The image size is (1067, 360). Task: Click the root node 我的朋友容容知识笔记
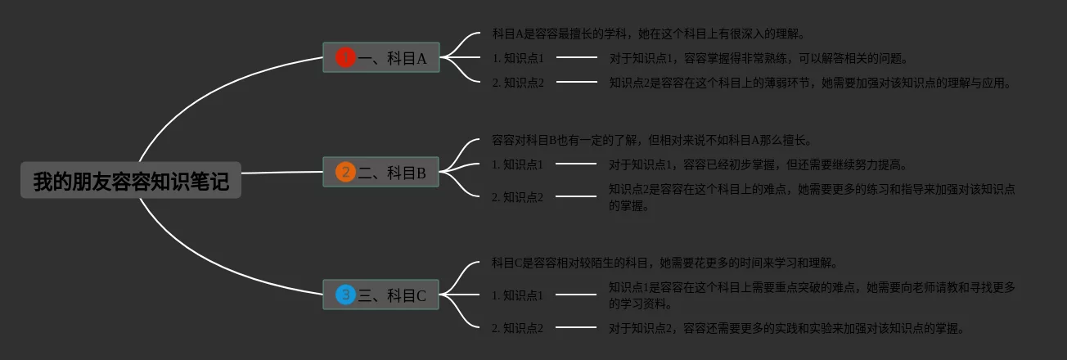[131, 181]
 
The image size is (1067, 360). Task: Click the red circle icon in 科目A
[345, 57]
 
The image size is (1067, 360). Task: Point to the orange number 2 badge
[345, 172]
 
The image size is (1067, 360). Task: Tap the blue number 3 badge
[345, 295]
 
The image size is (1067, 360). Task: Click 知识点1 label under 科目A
[518, 58]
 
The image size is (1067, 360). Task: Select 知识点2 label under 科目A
[518, 83]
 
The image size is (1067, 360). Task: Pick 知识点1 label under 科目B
[518, 164]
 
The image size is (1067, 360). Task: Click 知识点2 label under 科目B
[518, 197]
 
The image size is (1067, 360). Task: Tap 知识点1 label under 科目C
[518, 295]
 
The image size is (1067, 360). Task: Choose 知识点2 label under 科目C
[518, 328]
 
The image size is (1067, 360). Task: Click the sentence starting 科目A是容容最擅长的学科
[649, 34]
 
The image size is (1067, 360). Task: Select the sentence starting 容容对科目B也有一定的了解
[651, 140]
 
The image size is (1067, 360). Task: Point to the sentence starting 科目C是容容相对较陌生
[664, 263]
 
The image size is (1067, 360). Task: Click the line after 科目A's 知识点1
[577, 57]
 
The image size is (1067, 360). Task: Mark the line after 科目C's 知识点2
[576, 327]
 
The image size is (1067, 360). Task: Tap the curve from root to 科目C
[205, 261]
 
